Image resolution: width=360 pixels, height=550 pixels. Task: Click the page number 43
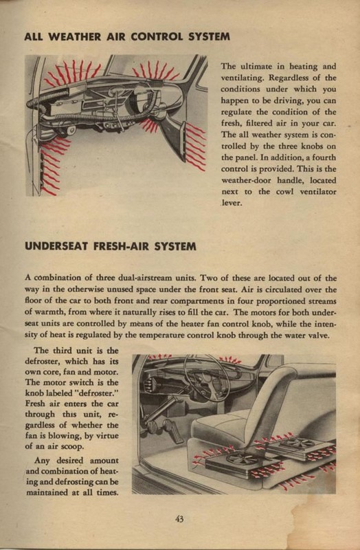179,519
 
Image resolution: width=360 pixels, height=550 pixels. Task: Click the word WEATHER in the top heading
74,37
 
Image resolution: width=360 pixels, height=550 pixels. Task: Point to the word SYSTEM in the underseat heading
175,246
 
